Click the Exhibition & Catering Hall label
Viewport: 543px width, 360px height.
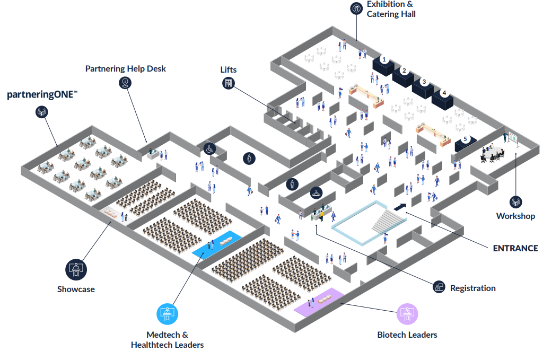click(x=391, y=10)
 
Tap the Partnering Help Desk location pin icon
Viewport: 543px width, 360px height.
click(x=125, y=82)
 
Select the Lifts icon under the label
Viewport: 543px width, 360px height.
click(x=228, y=83)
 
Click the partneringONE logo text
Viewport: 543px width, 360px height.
click(x=42, y=95)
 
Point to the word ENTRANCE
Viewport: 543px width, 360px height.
click(x=515, y=248)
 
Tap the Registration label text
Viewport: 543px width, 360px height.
click(x=472, y=288)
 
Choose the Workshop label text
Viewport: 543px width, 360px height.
click(x=515, y=216)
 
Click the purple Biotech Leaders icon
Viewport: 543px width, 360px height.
click(x=407, y=314)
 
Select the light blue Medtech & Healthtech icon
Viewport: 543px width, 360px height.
click(x=168, y=314)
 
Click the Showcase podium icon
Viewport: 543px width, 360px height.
click(x=76, y=269)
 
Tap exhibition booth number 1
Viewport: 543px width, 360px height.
click(x=383, y=60)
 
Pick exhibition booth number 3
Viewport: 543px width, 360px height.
click(x=423, y=82)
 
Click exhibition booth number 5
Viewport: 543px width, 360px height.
click(x=466, y=139)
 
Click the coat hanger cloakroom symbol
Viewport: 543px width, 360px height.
click(x=317, y=192)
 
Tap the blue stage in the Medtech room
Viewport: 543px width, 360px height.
click(x=216, y=244)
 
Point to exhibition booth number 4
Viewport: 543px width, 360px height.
click(x=443, y=93)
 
